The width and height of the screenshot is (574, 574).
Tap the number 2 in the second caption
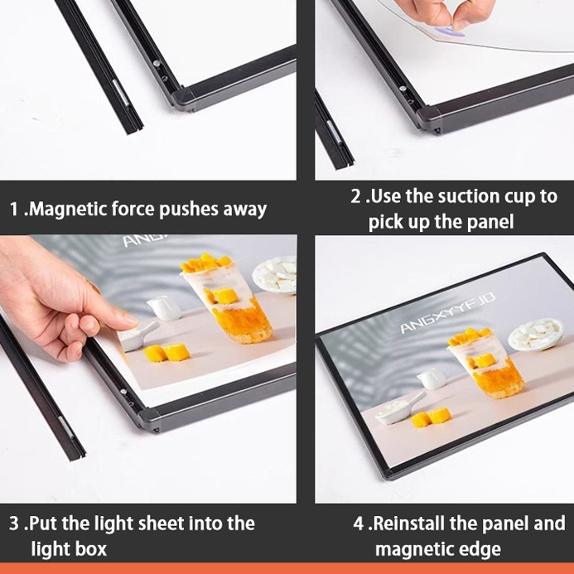point(355,196)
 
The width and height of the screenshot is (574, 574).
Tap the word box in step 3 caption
point(91,549)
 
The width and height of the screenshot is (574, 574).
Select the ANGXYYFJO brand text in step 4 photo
point(447,312)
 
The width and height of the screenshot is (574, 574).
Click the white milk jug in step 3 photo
point(165,308)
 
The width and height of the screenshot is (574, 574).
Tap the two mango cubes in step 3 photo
point(166,353)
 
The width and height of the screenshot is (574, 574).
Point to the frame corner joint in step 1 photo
point(182,99)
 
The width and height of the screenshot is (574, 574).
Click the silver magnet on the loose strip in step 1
point(121,91)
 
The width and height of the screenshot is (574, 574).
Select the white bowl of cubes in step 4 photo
point(537,334)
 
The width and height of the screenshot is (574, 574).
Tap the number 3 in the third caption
point(14,523)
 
